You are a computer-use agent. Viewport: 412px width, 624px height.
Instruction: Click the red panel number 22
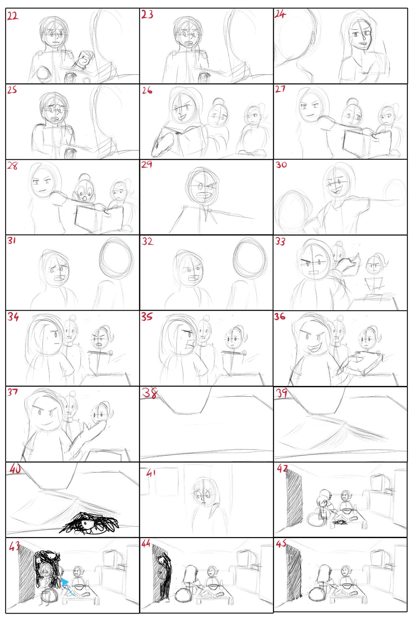pyautogui.click(x=13, y=16)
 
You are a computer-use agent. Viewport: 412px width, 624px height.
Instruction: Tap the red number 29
pyautogui.click(x=147, y=164)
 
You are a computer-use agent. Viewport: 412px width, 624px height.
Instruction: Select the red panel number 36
pyautogui.click(x=280, y=316)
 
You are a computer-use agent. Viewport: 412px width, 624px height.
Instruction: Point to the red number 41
pyautogui.click(x=151, y=473)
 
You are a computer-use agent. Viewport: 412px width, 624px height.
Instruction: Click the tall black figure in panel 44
pyautogui.click(x=165, y=577)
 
